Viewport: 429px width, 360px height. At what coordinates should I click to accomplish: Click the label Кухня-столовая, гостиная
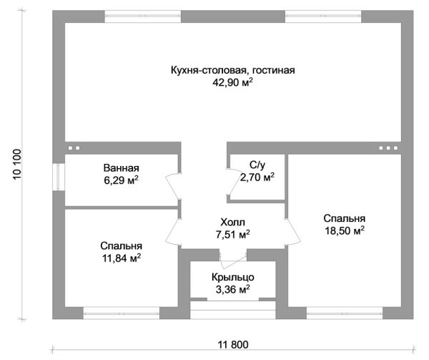tap(232, 70)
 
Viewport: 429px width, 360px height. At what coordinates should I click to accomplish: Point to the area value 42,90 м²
tap(232, 83)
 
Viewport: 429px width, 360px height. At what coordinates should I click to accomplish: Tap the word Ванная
tap(121, 168)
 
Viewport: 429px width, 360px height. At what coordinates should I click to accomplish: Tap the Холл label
tap(232, 221)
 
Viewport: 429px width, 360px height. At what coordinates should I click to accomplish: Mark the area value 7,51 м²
tap(232, 234)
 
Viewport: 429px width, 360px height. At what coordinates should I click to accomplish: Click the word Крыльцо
tap(233, 277)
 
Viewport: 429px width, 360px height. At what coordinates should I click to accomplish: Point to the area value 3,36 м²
tap(233, 290)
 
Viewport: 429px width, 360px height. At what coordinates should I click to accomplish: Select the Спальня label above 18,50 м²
tap(344, 218)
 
